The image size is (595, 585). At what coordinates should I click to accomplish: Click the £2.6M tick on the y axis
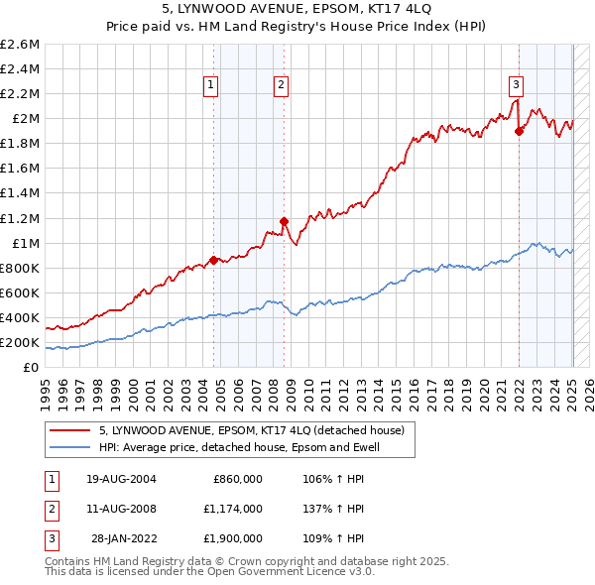tap(20, 45)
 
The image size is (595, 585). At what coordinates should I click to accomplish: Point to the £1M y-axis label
tap(25, 243)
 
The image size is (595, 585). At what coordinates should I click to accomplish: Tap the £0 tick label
tap(32, 368)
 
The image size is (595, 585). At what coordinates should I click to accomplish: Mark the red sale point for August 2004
tap(213, 260)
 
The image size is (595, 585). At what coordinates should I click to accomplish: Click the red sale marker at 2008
tap(284, 221)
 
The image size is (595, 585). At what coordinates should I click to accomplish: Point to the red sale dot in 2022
tap(519, 130)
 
